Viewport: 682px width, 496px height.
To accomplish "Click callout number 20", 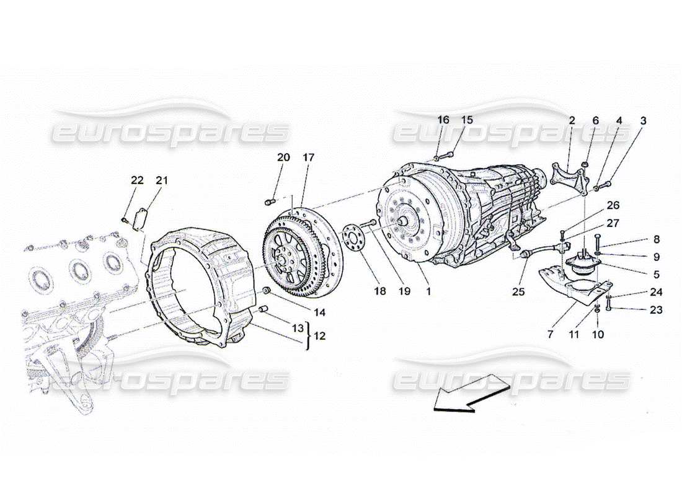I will [x=283, y=157].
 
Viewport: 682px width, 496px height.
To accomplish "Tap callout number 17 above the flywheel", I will [x=308, y=157].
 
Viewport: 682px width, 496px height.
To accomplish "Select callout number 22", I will [x=137, y=180].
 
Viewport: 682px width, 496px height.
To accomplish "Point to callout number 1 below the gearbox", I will [x=428, y=290].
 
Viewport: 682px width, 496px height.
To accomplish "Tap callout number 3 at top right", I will [x=643, y=121].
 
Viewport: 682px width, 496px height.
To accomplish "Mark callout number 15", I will [x=466, y=120].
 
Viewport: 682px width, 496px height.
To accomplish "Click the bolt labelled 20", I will [x=270, y=200].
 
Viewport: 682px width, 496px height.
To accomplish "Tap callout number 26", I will [x=595, y=205].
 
